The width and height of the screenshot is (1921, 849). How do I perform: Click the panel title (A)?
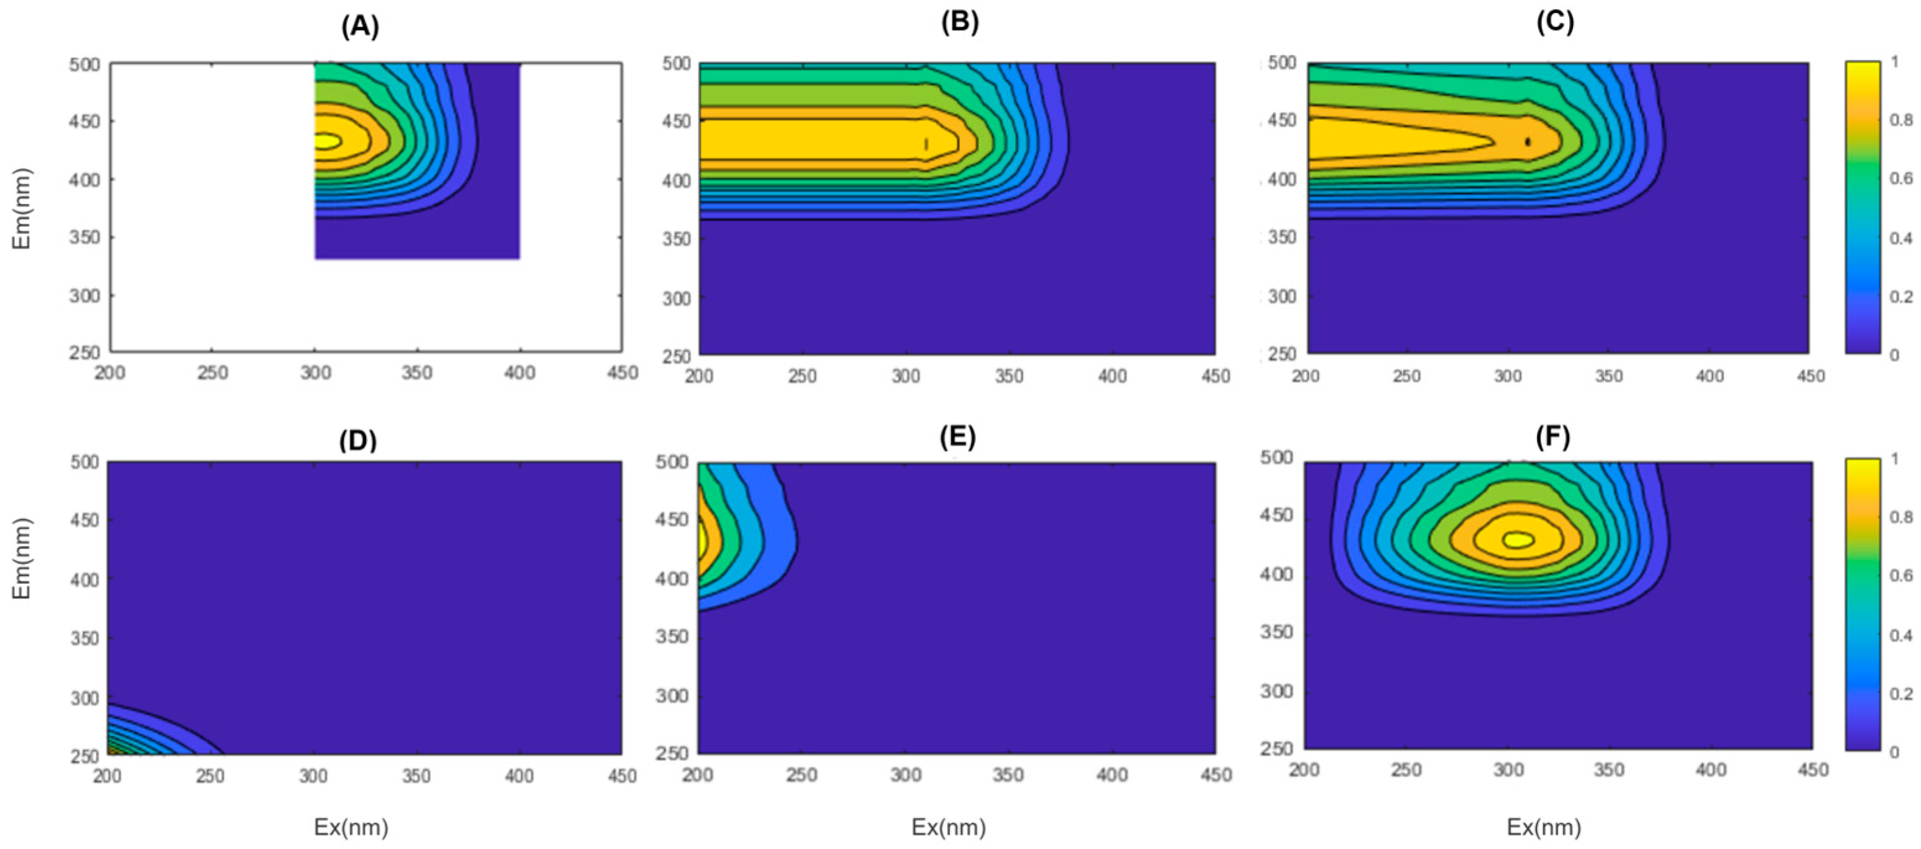pyautogui.click(x=360, y=27)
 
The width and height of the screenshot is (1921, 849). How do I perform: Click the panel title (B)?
pyautogui.click(x=959, y=22)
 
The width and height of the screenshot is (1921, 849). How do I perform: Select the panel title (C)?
pyautogui.click(x=1555, y=22)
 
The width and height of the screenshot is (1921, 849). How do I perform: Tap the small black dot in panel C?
pyautogui.click(x=1528, y=142)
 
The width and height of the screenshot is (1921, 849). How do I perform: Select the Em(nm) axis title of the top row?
pyautogui.click(x=22, y=208)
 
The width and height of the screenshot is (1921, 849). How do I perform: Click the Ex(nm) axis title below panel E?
pyautogui.click(x=949, y=827)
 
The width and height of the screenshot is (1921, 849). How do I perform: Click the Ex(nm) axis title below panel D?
pyautogui.click(x=351, y=827)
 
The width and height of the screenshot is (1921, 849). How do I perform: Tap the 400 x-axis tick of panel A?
pyautogui.click(x=520, y=372)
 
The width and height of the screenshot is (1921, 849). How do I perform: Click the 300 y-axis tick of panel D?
pyautogui.click(x=85, y=698)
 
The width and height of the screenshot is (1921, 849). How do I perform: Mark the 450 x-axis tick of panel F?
pyautogui.click(x=1813, y=769)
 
